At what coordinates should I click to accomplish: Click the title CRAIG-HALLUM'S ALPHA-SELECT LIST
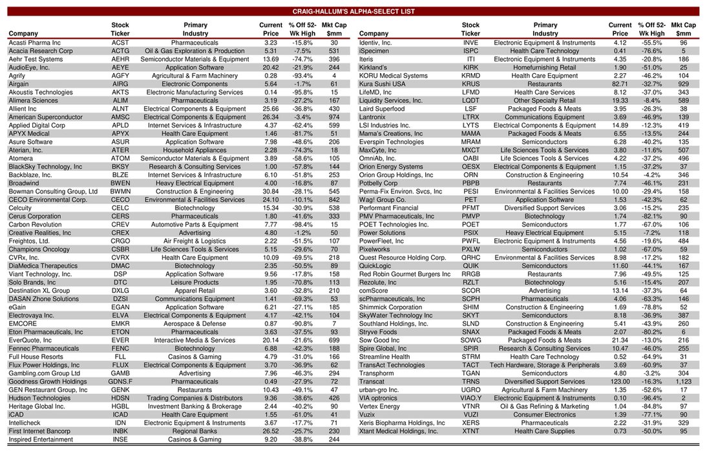point(353,12)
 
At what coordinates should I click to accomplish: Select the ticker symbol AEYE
point(120,67)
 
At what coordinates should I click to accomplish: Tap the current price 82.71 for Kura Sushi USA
point(620,84)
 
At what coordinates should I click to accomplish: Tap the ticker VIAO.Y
point(470,398)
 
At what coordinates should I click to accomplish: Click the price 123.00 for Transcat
point(620,381)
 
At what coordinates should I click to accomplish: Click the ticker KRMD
point(470,76)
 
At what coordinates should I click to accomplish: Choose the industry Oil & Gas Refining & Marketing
point(545,406)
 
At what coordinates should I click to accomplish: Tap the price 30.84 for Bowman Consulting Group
point(271,192)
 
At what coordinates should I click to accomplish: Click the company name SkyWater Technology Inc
point(396,315)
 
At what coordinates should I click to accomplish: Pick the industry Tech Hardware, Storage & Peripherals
point(545,365)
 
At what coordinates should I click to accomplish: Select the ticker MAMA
point(470,133)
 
